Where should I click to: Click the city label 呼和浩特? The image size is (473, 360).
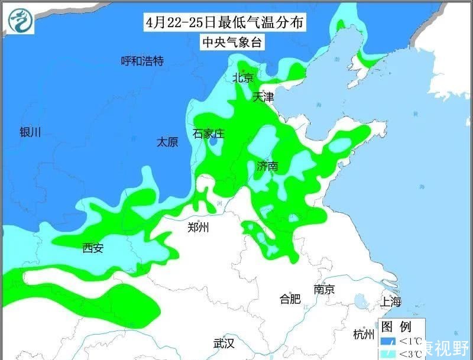click(x=142, y=61)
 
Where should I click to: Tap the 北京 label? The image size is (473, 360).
click(x=243, y=77)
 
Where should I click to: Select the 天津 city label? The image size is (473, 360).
click(x=264, y=97)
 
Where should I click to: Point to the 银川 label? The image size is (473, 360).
click(x=30, y=132)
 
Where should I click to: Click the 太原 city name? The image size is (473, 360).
click(x=167, y=142)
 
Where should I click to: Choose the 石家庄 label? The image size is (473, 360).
click(x=209, y=134)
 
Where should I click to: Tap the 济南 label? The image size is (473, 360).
click(x=267, y=166)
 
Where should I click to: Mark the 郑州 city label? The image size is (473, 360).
click(x=197, y=227)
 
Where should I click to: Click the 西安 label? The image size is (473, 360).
click(x=93, y=248)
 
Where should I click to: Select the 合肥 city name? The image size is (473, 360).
click(x=290, y=299)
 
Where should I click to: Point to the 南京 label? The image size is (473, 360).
click(x=324, y=290)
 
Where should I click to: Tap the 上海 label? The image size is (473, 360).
click(x=391, y=301)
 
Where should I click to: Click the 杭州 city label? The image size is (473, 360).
click(x=364, y=335)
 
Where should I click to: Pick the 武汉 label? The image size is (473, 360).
click(x=225, y=343)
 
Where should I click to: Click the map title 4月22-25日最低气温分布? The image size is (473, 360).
click(x=225, y=23)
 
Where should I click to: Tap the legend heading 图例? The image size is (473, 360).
click(x=396, y=326)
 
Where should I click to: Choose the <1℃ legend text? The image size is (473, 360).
click(x=410, y=341)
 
